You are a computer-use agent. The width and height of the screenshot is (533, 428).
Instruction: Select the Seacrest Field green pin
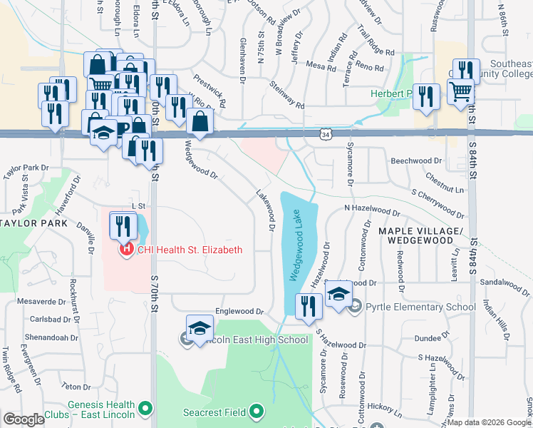[x=257, y=412]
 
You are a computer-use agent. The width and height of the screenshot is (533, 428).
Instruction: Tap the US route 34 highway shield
[x=325, y=134]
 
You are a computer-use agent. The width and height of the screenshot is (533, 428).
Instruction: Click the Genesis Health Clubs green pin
[x=145, y=409]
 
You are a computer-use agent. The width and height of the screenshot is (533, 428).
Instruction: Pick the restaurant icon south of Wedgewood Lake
[x=308, y=307]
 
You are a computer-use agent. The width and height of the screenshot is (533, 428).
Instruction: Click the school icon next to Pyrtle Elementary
[x=339, y=295]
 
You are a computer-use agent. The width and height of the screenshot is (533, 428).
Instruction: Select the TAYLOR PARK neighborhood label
[x=33, y=223]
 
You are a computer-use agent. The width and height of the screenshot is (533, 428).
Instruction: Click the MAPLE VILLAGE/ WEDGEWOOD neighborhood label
[x=421, y=236]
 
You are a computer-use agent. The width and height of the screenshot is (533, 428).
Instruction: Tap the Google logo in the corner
[x=24, y=419]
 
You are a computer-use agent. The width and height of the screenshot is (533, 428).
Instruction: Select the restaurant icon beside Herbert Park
[x=426, y=96]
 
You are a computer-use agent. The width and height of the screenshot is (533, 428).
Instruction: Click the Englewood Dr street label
[x=239, y=312]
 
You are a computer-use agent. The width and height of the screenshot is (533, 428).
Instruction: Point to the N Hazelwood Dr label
[x=372, y=210]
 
